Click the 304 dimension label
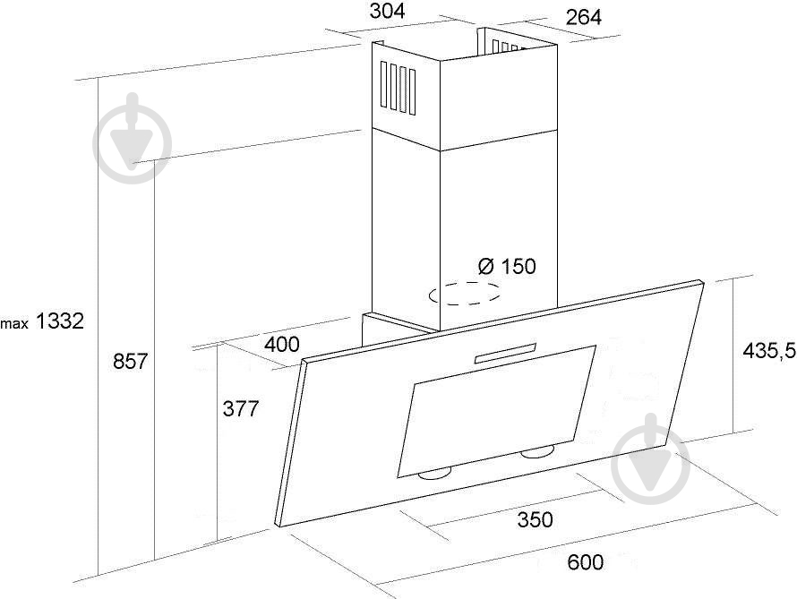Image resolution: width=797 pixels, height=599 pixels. (x=388, y=11)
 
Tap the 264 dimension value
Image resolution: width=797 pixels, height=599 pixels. (x=584, y=17)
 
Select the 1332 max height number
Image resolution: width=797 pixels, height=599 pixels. (x=60, y=321)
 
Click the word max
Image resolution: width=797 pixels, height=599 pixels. (x=14, y=323)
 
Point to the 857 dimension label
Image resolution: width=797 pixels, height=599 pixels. (x=130, y=361)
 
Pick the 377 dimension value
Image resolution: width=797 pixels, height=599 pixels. (x=241, y=408)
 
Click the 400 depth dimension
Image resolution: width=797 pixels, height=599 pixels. (x=282, y=345)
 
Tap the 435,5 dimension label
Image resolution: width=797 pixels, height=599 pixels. (x=768, y=350)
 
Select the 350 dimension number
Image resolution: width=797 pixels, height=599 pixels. (x=536, y=519)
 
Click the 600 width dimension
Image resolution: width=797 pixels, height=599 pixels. (x=586, y=562)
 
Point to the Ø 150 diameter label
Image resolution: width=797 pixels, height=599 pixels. (x=507, y=266)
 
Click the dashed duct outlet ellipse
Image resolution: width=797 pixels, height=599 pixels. (x=465, y=293)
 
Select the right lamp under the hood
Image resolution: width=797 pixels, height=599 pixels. (x=538, y=452)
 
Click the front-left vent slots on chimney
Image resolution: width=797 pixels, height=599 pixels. (x=398, y=89)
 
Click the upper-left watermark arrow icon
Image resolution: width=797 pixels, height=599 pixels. (x=133, y=138)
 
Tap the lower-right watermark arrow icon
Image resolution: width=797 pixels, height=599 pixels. (x=651, y=459)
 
